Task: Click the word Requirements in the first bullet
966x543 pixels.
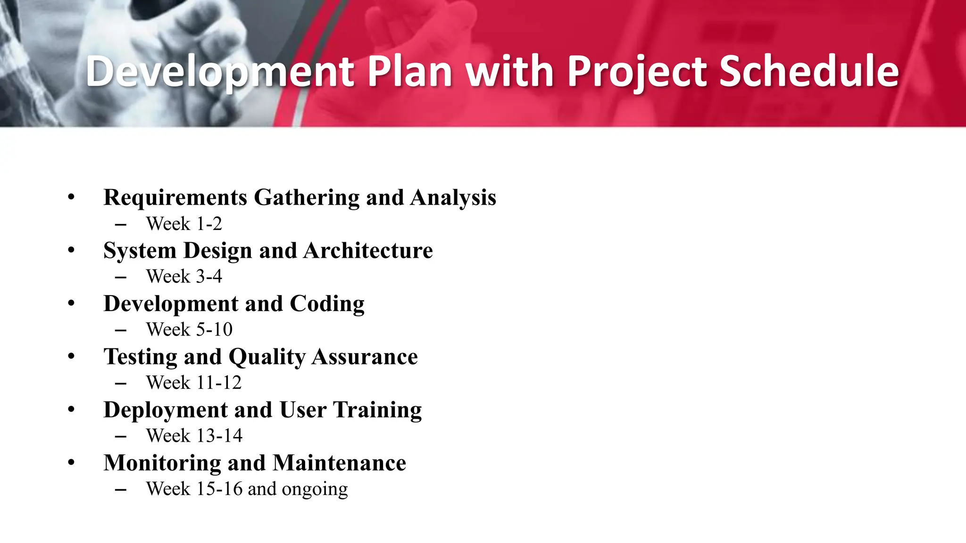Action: point(175,197)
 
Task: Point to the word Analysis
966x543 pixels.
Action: point(453,197)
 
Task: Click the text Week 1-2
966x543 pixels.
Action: point(184,224)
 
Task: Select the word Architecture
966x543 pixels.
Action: point(368,250)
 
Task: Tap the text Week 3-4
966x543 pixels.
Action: point(184,277)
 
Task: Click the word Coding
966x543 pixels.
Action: point(327,304)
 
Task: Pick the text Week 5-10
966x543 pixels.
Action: point(189,329)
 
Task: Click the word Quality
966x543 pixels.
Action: point(267,357)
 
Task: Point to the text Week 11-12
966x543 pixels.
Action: point(193,383)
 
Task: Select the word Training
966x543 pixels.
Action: point(377,410)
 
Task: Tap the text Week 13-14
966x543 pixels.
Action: point(194,436)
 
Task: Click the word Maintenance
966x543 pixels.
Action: point(339,463)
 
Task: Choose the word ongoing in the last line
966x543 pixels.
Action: point(315,489)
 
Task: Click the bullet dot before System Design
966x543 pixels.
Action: point(71,250)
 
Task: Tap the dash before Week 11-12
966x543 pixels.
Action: point(121,383)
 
